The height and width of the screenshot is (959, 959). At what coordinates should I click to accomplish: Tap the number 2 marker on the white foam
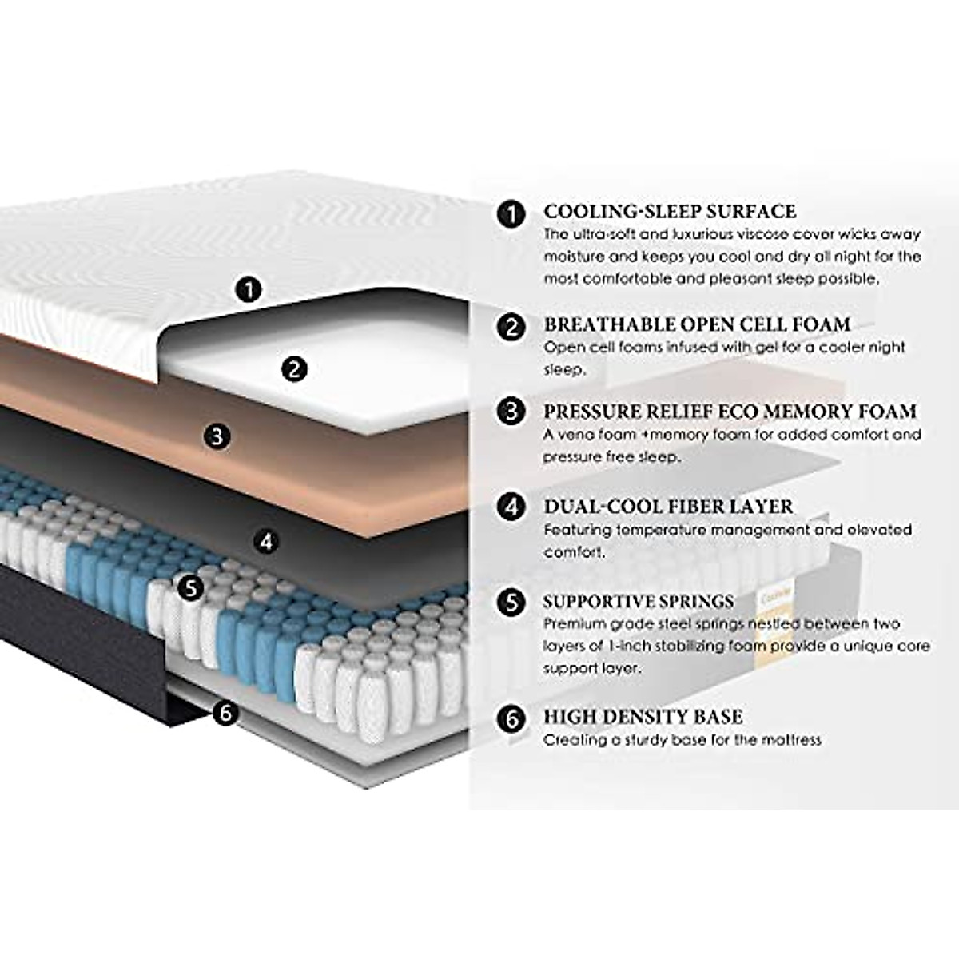pos(295,368)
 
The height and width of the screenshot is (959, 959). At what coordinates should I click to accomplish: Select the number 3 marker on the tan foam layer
pos(217,436)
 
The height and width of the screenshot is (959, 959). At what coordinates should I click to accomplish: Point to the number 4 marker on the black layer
pos(267,542)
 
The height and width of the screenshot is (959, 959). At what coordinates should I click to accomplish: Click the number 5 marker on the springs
pos(190,588)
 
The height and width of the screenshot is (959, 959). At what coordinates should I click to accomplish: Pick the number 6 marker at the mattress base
pos(226,712)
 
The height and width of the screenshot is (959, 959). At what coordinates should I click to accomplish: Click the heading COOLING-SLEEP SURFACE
pos(670,212)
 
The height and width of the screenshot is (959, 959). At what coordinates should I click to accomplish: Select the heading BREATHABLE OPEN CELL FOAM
pos(697,324)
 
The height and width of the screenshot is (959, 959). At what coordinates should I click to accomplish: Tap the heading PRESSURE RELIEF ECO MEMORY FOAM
pos(730,412)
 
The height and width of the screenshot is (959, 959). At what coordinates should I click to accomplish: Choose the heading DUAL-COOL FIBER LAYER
pos(668,507)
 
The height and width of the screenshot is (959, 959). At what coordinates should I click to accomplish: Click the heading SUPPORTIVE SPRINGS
pos(639,602)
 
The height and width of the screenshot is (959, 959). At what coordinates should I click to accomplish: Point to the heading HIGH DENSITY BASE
pos(643,717)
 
